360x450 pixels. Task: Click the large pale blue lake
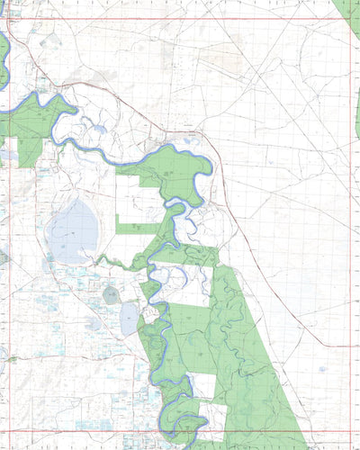point(75,229)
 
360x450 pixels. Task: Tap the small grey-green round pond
point(111,294)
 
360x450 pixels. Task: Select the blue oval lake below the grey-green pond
point(129,317)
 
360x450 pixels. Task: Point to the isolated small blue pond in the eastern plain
point(322,368)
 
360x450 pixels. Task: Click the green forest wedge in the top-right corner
point(349,13)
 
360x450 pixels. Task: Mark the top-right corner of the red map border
point(350,18)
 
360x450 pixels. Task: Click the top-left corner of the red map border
point(8,18)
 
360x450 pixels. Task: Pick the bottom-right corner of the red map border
point(350,431)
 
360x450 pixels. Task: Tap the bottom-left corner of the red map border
point(8,431)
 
